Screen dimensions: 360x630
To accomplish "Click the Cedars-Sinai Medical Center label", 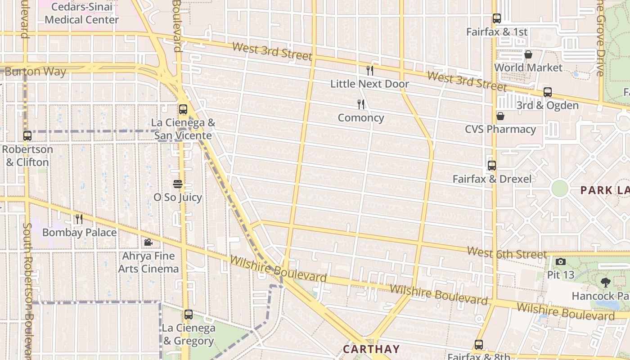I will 81,13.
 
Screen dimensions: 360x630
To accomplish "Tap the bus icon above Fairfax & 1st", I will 497,18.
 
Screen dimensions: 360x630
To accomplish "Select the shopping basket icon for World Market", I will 528,54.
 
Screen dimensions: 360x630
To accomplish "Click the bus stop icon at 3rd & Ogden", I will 548,92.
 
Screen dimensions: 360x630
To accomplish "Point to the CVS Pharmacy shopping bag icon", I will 500,116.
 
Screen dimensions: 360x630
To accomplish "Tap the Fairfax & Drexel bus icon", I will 492,166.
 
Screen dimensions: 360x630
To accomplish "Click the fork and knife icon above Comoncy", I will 361,104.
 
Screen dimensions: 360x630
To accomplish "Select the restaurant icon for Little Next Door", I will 370,70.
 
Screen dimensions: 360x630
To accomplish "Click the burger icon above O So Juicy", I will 178,184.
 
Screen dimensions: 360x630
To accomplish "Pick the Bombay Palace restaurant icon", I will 79,219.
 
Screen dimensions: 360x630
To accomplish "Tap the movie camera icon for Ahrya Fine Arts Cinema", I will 148,243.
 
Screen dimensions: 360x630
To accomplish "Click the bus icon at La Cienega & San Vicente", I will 183,109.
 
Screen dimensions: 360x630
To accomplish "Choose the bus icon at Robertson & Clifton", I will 27,135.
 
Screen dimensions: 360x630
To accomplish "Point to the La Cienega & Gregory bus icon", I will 189,315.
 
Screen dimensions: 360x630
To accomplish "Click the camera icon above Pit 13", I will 561,261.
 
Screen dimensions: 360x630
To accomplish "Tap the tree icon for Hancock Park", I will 605,283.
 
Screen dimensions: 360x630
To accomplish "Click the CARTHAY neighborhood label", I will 371,349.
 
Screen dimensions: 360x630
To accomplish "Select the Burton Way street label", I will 35,72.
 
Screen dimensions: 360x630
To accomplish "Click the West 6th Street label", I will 507,253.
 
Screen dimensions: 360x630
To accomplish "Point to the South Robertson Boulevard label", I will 28,288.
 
